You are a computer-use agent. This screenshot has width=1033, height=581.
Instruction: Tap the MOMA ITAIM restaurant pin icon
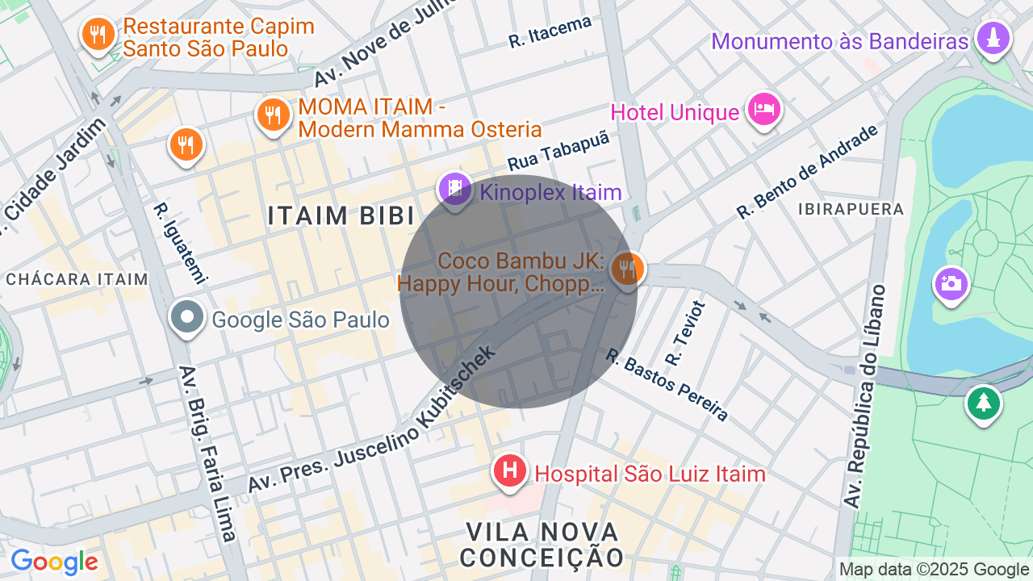click(x=274, y=115)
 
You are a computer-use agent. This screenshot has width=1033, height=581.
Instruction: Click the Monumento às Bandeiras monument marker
click(x=993, y=38)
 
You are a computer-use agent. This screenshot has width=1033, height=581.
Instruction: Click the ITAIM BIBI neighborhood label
click(x=341, y=215)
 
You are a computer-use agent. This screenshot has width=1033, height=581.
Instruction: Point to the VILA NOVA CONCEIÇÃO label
click(x=542, y=545)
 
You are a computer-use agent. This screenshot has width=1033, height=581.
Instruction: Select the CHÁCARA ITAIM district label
click(x=77, y=279)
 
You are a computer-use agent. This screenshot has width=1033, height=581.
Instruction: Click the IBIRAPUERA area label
click(x=851, y=209)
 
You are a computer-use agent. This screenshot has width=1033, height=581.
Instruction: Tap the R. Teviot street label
click(x=685, y=332)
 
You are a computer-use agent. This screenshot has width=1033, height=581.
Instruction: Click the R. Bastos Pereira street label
click(x=667, y=385)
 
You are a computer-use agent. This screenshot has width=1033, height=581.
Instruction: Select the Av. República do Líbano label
click(x=865, y=396)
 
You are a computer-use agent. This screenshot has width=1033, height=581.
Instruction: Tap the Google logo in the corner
click(x=54, y=562)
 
